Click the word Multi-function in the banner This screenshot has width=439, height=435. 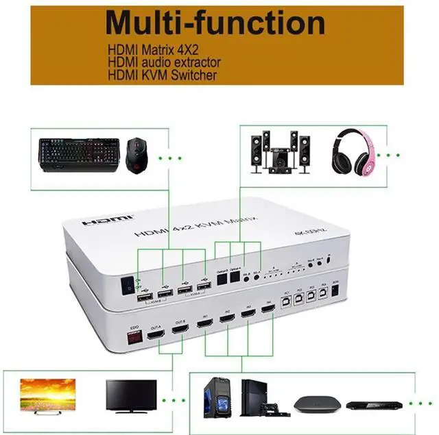tap(215, 23)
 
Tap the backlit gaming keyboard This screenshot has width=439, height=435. tap(76, 151)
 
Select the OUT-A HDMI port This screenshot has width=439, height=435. tap(156, 334)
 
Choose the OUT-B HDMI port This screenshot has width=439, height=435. tap(180, 330)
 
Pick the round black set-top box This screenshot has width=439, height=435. tap(313, 403)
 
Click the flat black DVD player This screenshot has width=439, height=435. tap(368, 405)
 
